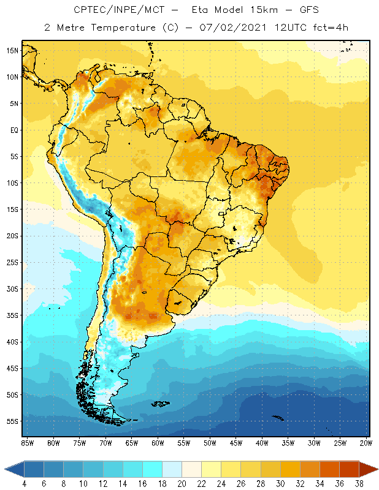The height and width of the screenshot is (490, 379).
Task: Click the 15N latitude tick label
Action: point(12,50)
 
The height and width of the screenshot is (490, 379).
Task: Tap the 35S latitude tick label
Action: point(12,315)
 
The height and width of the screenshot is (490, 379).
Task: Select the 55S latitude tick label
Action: point(12,421)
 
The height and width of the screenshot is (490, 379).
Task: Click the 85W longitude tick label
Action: point(27,442)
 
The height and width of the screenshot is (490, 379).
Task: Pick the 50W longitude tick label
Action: point(210,442)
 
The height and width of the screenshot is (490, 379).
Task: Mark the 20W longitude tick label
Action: point(366,442)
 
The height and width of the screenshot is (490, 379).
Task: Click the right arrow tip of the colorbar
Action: point(376,469)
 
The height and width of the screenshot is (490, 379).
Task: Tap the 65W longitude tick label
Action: point(131,442)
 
